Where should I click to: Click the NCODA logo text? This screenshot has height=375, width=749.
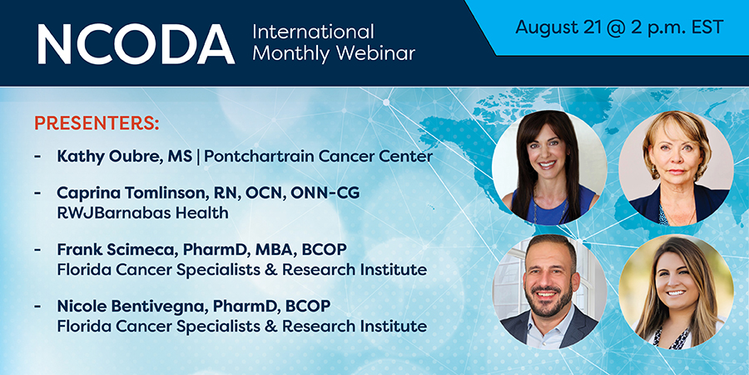(x=136, y=43)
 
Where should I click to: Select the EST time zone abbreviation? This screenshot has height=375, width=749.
(x=705, y=27)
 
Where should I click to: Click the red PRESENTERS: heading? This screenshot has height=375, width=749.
(x=97, y=123)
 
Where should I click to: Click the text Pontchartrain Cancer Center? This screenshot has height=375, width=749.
(x=319, y=156)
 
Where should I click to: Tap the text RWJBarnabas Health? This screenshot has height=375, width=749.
(x=142, y=212)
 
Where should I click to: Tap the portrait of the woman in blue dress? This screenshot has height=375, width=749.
(x=549, y=167)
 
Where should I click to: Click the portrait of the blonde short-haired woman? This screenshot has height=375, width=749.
(x=676, y=167)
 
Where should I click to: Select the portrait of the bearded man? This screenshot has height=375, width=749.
(x=549, y=292)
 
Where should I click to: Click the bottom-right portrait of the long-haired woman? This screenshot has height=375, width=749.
(x=676, y=292)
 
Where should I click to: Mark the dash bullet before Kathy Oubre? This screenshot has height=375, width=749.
(x=37, y=157)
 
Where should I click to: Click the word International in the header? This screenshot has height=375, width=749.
(x=313, y=32)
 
